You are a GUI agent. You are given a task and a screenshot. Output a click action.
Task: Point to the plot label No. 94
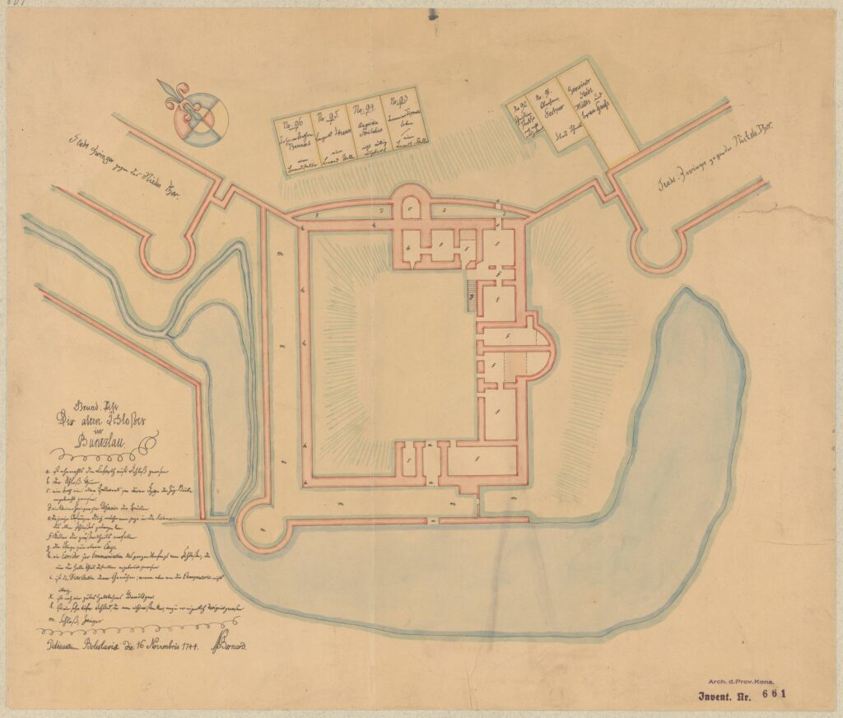click(x=363, y=110)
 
